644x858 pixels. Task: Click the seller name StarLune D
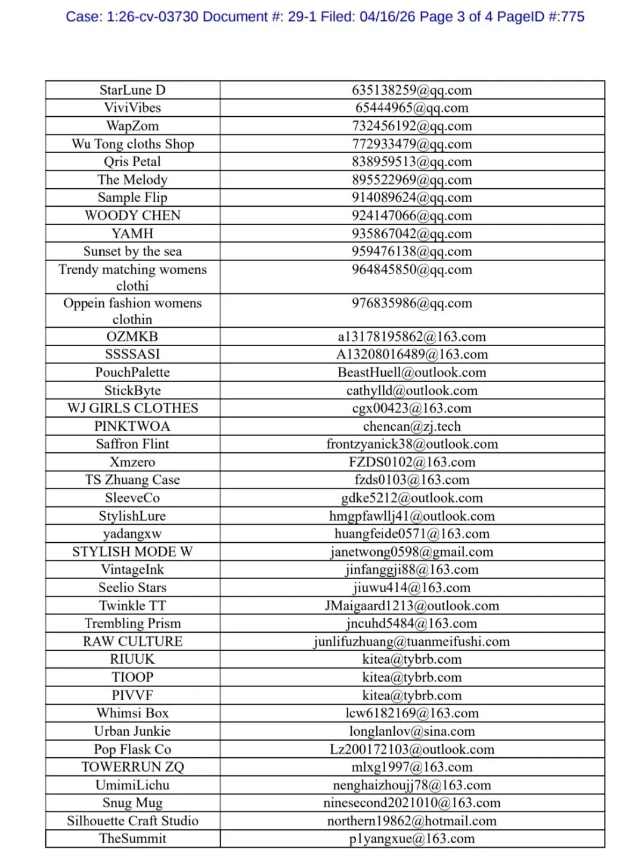point(132,90)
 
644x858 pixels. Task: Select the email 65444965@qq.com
point(411,108)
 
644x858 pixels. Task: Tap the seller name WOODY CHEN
point(132,216)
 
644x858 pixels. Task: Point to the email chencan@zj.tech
point(411,427)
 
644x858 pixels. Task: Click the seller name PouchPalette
point(132,372)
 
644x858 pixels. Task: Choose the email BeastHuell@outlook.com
point(411,372)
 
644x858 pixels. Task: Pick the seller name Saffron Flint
point(132,444)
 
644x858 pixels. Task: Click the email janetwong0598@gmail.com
point(411,552)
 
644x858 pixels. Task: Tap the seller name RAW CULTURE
point(132,642)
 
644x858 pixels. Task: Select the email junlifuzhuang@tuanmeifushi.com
point(411,642)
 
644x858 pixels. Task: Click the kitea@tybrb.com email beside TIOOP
point(411,677)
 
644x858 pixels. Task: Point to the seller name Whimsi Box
point(132,713)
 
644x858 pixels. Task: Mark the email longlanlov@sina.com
point(411,731)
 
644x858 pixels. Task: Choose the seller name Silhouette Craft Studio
point(132,821)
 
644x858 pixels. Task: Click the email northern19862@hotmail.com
point(411,821)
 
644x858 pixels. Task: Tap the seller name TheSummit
point(132,839)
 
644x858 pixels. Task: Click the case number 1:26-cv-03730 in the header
point(152,17)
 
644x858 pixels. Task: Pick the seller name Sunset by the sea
point(132,251)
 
